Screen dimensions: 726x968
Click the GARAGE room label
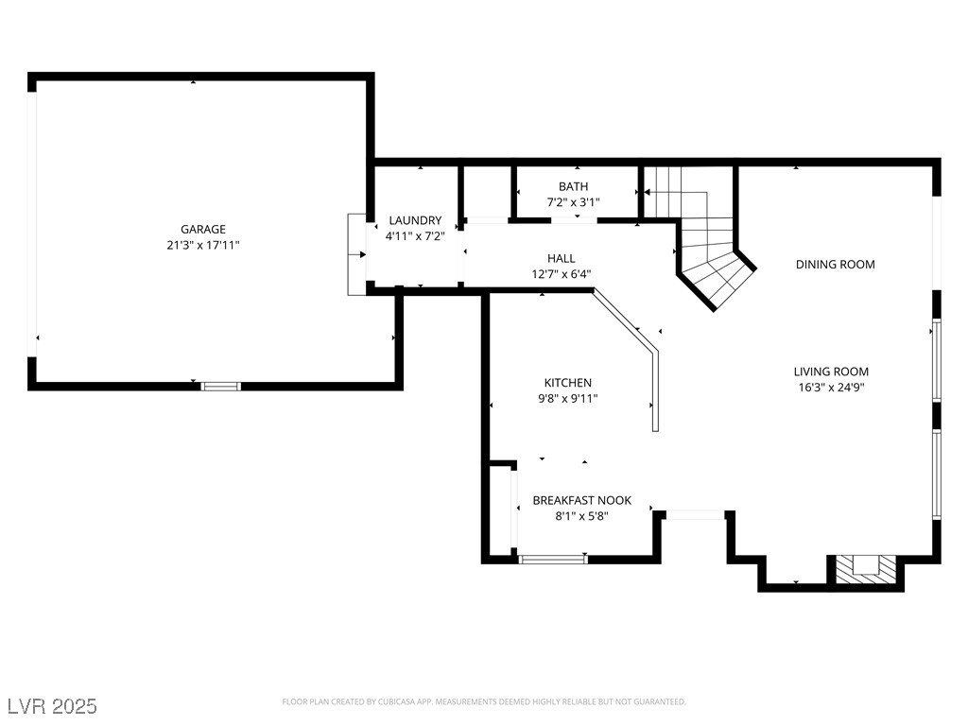point(203,229)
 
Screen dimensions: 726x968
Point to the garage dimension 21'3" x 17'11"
point(203,245)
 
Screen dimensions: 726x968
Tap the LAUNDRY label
point(415,220)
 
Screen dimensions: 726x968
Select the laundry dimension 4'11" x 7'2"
point(415,236)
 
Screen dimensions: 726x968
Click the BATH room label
point(573,186)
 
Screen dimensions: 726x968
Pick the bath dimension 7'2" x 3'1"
point(573,202)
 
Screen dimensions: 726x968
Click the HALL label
point(561,258)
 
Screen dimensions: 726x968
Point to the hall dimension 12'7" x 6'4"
point(561,274)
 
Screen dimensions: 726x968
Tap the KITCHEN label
point(567,383)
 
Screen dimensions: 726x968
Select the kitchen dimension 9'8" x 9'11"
point(567,399)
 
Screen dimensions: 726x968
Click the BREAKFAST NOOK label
point(581,500)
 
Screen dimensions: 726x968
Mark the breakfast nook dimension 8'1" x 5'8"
point(581,516)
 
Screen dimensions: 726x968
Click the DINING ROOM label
point(835,265)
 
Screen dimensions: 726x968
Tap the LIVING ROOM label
point(831,372)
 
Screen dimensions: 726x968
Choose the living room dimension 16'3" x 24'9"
point(831,387)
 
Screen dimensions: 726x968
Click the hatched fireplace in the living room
point(865,568)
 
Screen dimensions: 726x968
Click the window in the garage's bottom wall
point(221,386)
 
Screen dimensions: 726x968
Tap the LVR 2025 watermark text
point(52,706)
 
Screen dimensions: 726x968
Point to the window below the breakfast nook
point(553,559)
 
